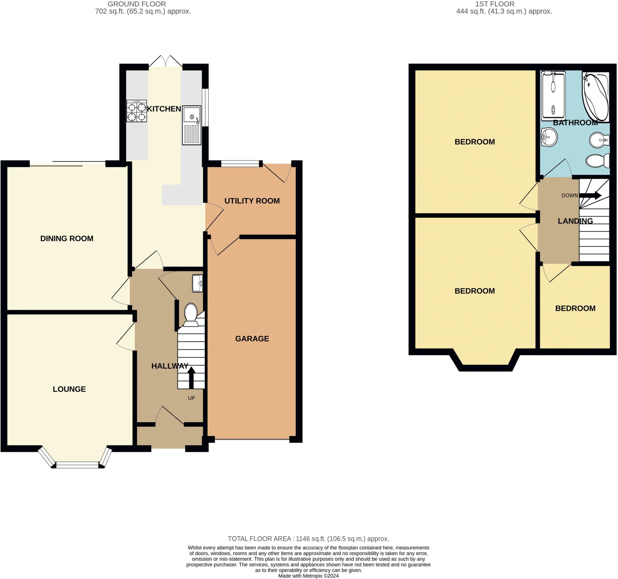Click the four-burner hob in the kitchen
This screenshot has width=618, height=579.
[x=136, y=111]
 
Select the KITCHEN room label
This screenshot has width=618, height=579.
[x=164, y=109]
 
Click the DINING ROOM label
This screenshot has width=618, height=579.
[x=67, y=238]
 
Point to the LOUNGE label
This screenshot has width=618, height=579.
[x=69, y=389]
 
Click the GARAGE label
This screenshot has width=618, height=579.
[x=252, y=339]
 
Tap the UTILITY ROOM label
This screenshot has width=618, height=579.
[x=252, y=201]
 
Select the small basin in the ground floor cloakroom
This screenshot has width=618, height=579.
[x=198, y=283]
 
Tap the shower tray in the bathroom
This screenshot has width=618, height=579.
[x=554, y=96]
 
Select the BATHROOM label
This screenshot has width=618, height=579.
[x=575, y=123]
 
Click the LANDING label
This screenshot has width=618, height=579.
[x=575, y=221]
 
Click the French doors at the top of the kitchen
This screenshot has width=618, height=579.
[x=166, y=61]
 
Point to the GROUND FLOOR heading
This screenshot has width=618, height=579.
[x=137, y=4]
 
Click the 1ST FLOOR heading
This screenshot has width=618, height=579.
[x=495, y=4]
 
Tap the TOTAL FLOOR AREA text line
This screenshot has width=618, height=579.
[x=308, y=539]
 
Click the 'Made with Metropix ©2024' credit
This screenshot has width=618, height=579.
[x=308, y=576]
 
